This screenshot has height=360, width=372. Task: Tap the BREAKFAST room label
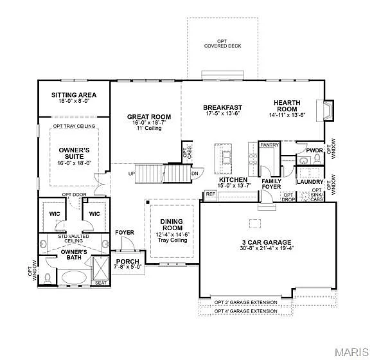click(x=222, y=107)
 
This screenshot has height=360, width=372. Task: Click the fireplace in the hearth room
click(x=328, y=110)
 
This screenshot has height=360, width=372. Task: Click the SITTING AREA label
click(x=73, y=95)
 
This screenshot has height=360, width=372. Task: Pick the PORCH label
click(x=128, y=261)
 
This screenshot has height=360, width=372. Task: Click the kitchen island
click(x=226, y=159)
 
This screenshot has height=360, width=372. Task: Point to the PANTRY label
click(x=269, y=145)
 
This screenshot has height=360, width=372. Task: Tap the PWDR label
click(x=314, y=150)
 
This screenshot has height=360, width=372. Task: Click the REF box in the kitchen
click(x=210, y=194)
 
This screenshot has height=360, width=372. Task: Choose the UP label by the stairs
click(x=132, y=174)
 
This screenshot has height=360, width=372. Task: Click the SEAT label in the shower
click(x=101, y=282)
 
